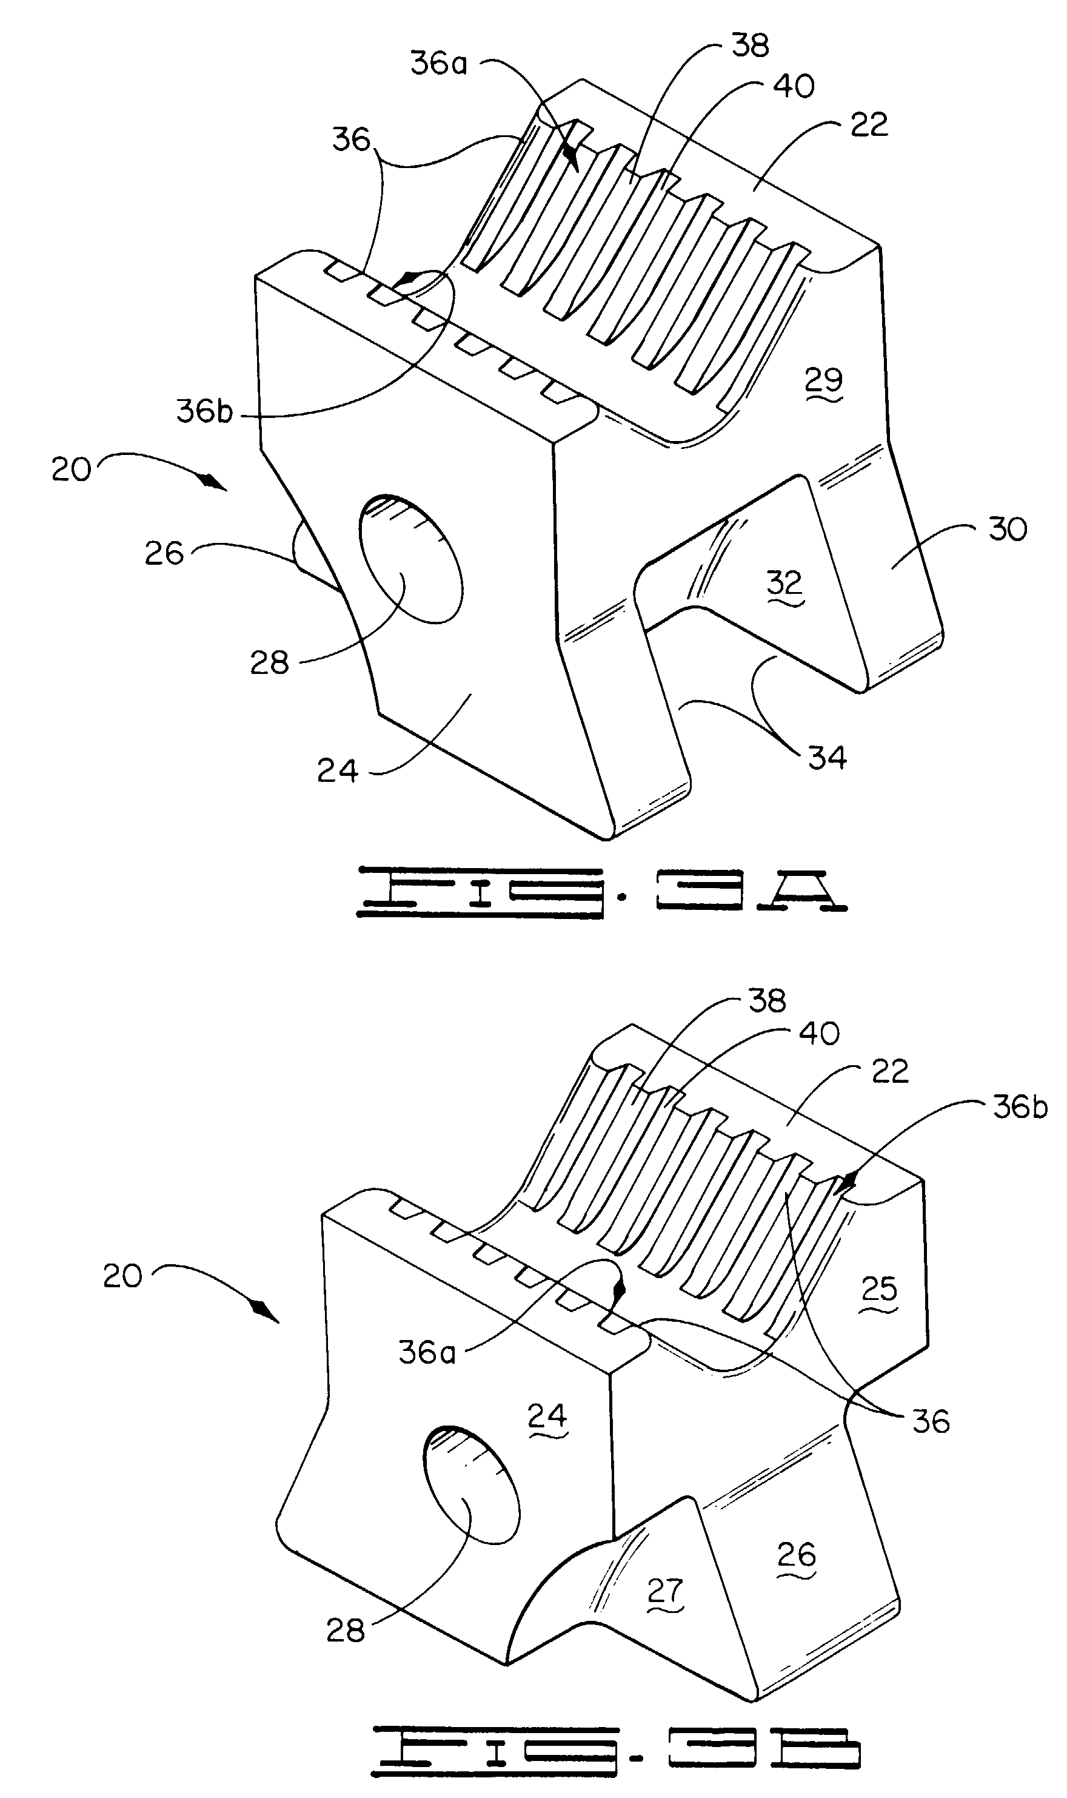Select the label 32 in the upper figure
tap(784, 582)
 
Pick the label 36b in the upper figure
tap(205, 411)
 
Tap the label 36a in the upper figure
tap(438, 63)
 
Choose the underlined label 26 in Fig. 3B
tap(797, 1555)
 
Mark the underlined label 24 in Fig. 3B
tap(548, 1415)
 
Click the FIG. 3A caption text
tap(603, 892)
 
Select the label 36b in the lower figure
tap(1020, 1108)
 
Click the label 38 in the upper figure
tap(751, 45)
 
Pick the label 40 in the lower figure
tap(819, 1034)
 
